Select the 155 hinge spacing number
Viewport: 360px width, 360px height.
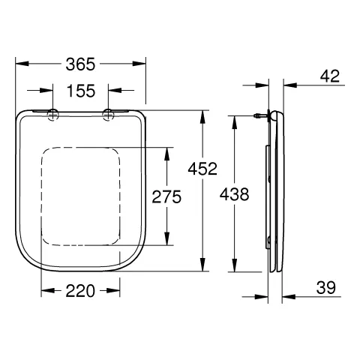81,91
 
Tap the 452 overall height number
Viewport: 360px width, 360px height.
203,169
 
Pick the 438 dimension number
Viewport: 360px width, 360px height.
235,194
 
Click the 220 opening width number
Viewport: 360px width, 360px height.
81,291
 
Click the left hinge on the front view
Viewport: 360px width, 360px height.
54,114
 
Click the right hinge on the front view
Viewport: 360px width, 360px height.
108,114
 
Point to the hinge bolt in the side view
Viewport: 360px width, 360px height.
260,115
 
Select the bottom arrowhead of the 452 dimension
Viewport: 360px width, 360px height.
203,268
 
